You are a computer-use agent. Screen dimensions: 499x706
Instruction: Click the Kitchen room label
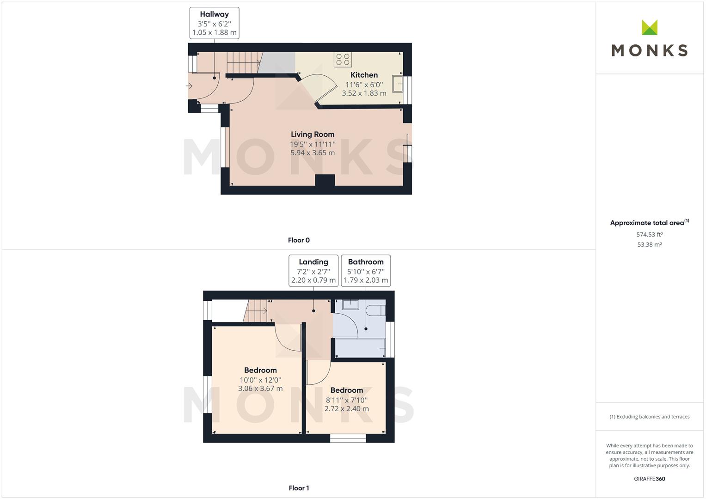click(x=364, y=75)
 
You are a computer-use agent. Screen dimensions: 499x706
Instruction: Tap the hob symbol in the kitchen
click(x=343, y=60)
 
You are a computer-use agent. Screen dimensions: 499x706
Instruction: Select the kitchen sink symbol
click(x=397, y=84)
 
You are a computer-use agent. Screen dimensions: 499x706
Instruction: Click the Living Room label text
click(x=313, y=134)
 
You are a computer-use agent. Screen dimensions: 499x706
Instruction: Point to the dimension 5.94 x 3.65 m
click(x=313, y=153)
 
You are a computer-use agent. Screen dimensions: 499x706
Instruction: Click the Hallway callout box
click(x=214, y=23)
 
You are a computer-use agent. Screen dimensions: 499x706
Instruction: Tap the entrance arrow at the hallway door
click(x=189, y=86)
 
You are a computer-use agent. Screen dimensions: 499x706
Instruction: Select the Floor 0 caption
click(x=299, y=240)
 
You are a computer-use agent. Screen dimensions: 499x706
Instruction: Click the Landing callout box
click(x=313, y=271)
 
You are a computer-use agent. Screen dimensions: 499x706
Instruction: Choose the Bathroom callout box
click(x=366, y=271)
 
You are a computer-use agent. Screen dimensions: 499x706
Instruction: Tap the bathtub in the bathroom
click(x=360, y=348)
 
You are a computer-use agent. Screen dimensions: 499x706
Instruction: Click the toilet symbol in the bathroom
click(x=375, y=310)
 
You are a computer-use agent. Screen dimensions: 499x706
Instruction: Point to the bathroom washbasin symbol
click(x=350, y=304)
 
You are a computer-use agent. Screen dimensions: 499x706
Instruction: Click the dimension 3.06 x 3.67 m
click(x=260, y=389)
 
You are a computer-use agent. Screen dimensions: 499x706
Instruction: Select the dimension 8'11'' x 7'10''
click(x=347, y=400)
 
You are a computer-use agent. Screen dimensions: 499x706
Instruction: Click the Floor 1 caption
click(x=299, y=488)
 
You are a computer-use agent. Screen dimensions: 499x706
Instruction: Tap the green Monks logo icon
click(x=649, y=28)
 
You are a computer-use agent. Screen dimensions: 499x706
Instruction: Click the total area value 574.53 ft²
click(x=649, y=235)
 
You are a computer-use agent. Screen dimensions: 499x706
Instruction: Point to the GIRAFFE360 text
click(x=649, y=479)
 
